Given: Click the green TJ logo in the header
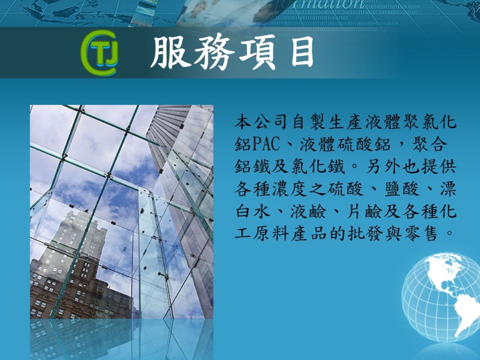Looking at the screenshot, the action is point(100,53).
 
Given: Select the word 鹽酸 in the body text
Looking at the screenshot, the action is point(402,189).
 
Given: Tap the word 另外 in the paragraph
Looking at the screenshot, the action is point(383,166).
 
